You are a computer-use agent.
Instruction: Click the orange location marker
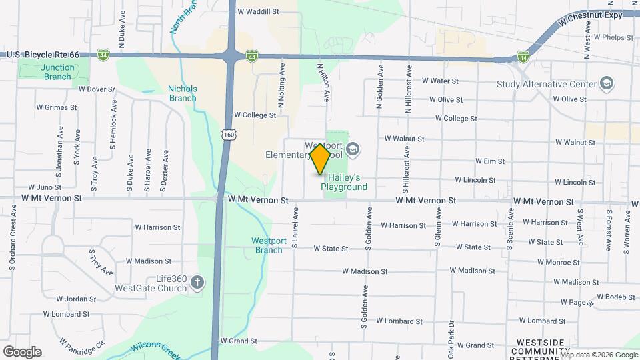[321, 159]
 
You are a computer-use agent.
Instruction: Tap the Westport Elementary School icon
[353, 149]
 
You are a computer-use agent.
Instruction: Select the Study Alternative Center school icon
[606, 84]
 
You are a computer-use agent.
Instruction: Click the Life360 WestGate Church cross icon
[197, 283]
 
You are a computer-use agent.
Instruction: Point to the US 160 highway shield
[230, 135]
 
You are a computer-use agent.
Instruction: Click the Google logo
[22, 352]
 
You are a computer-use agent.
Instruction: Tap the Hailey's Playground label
[344, 183]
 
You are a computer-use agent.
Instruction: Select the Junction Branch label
[57, 72]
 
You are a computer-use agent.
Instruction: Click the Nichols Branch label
[182, 93]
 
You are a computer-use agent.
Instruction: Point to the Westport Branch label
[269, 245]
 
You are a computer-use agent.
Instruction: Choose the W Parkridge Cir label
[82, 346]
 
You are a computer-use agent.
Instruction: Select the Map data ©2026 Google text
[599, 355]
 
